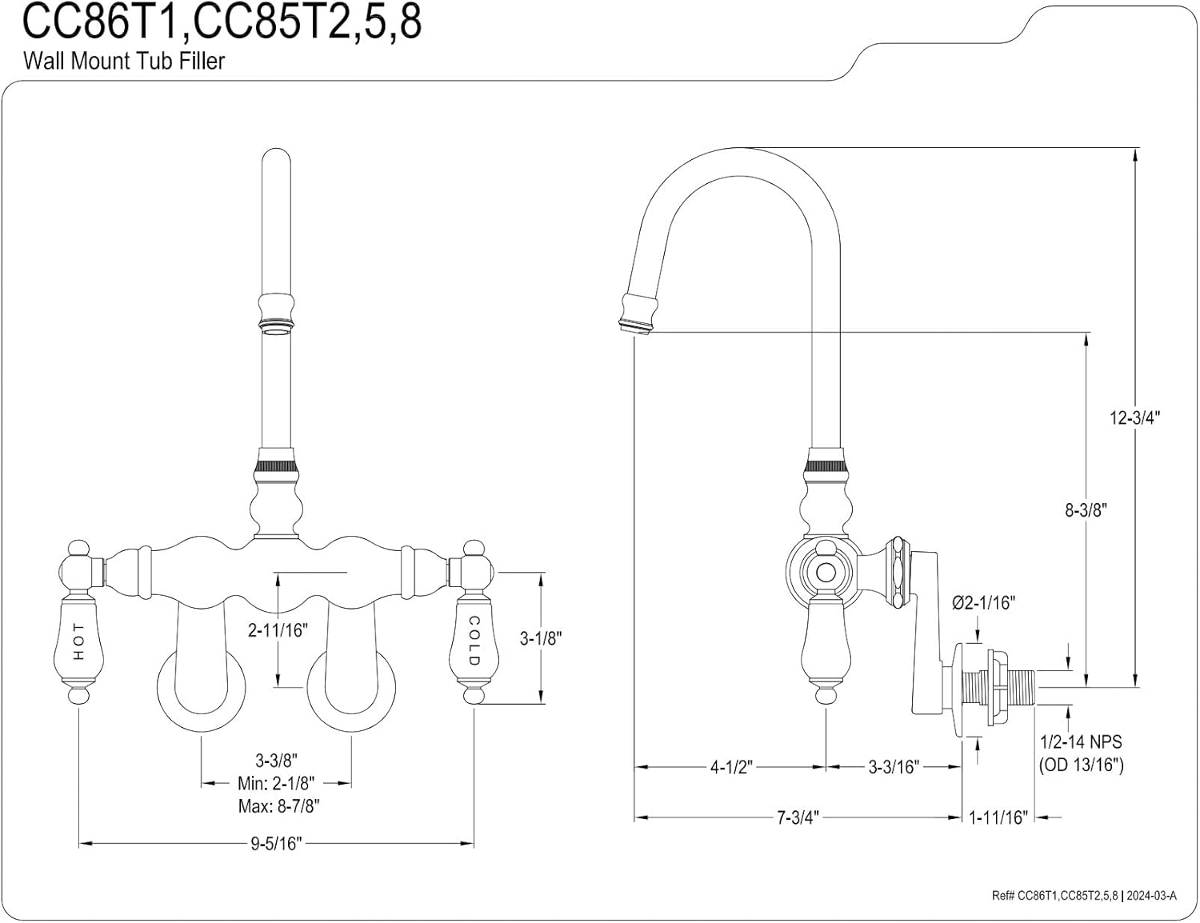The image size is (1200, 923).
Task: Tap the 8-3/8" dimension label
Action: pos(1086,510)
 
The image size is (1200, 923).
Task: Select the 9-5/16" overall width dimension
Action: pos(277,843)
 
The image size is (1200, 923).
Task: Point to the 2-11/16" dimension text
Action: pos(278,630)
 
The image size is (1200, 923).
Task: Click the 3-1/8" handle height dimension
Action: pos(541,639)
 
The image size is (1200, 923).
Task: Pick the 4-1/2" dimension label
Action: pos(731,767)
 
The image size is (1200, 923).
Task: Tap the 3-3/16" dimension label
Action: pos(894,767)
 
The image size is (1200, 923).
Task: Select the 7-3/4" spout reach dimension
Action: pos(798,817)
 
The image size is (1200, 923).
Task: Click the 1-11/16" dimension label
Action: pos(998,817)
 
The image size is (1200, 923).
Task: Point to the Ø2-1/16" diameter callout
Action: pos(983,603)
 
